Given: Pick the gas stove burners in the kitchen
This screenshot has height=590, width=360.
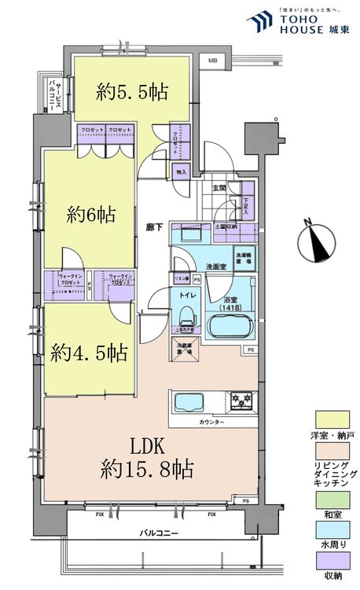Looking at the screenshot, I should [x=241, y=402].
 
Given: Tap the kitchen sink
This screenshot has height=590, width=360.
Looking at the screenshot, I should [x=188, y=402].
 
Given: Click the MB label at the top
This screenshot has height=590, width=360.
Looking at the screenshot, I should [x=213, y=61].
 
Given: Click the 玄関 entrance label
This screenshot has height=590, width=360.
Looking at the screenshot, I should [x=220, y=188].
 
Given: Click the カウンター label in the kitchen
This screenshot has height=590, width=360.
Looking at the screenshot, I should [x=211, y=422].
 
